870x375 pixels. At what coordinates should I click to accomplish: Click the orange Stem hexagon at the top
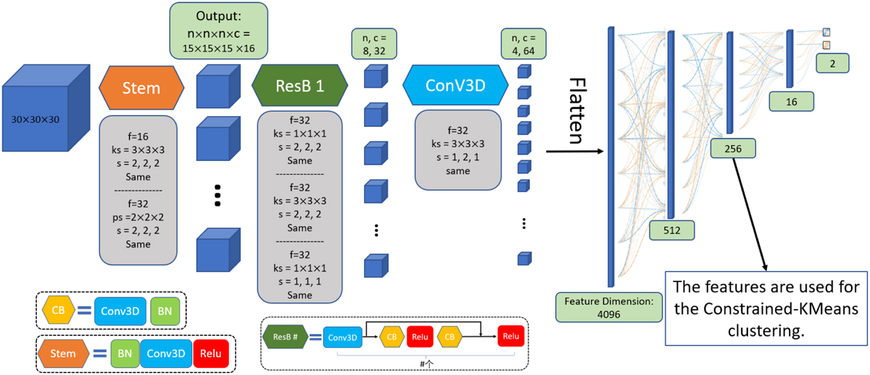(x=141, y=87)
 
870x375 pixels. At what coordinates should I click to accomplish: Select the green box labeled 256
(x=732, y=149)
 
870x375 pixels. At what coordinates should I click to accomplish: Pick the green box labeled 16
(x=790, y=102)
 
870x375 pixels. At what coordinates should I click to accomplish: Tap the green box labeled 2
(x=832, y=64)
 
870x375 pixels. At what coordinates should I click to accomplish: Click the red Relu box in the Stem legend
(x=212, y=353)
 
